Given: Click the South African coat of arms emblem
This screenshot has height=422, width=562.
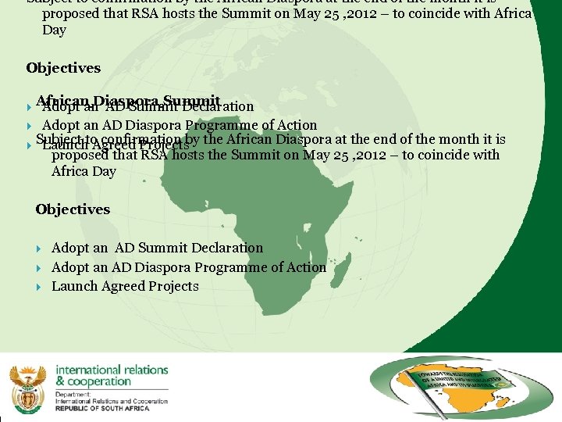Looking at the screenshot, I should click(x=27, y=384).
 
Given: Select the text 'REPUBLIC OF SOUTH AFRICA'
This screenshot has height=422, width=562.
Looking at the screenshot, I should click(x=112, y=409).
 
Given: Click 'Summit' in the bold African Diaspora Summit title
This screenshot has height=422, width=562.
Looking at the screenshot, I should click(x=192, y=101).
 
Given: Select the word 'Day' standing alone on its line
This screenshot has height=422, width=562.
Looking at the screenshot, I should click(x=54, y=30).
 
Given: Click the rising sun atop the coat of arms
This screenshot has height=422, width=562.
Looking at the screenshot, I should click(x=27, y=369).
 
